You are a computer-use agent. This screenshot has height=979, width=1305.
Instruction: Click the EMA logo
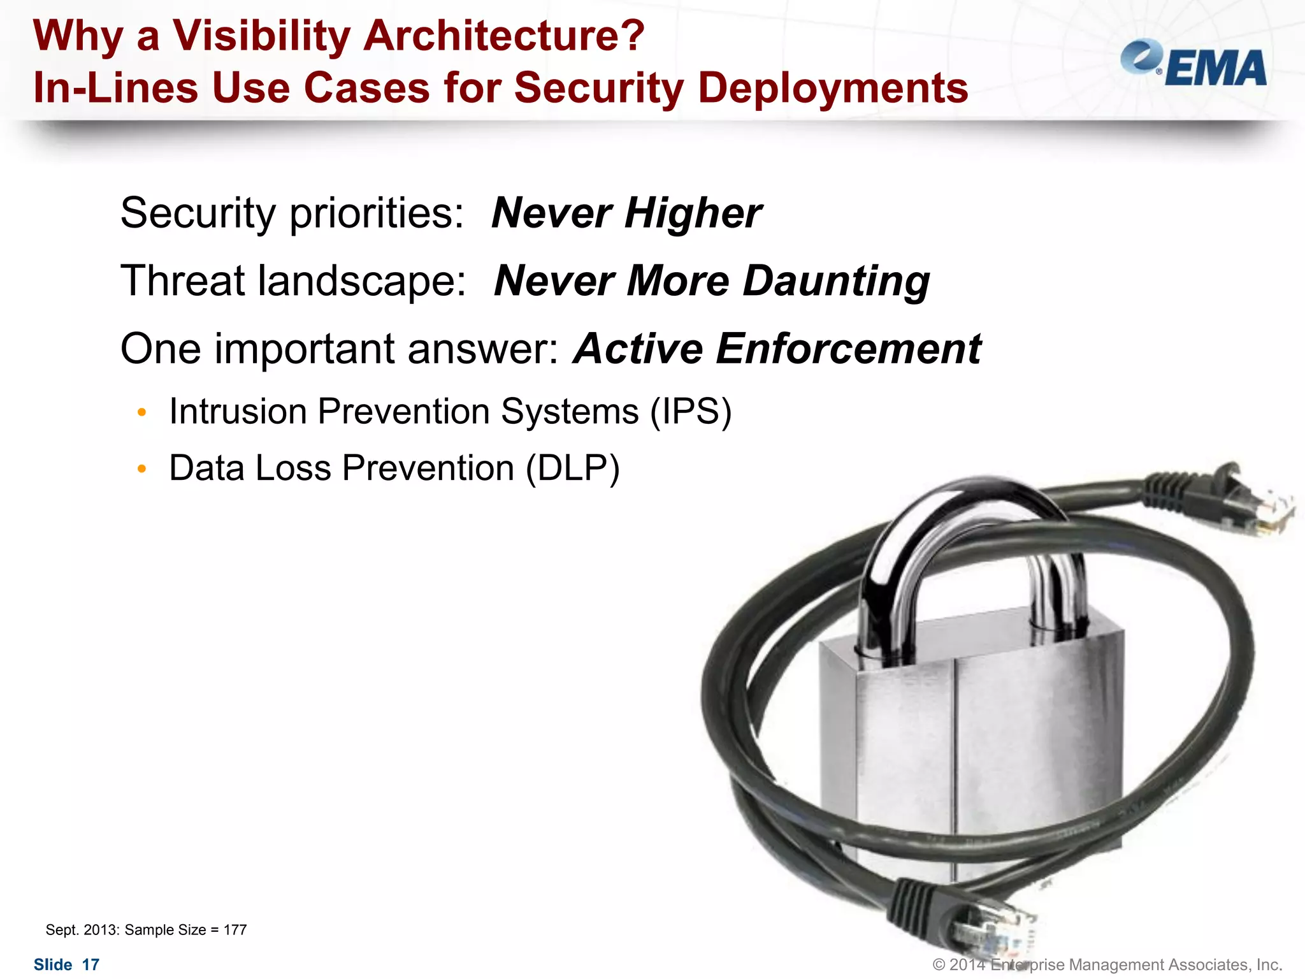coord(1194,64)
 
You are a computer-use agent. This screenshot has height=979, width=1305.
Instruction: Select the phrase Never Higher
coord(626,213)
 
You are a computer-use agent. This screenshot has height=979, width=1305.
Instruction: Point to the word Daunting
coord(836,281)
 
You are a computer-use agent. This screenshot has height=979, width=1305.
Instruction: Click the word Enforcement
coord(848,349)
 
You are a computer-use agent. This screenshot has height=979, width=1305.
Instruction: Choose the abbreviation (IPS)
coord(691,412)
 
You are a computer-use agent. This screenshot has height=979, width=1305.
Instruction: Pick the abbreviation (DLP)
coord(572,468)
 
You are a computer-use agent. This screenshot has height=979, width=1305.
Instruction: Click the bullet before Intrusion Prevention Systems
coord(142,413)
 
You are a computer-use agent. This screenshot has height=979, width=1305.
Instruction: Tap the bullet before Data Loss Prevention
coord(142,470)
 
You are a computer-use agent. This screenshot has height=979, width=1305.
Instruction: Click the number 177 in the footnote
coord(235,930)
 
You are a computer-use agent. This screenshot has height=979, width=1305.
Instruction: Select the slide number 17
coord(91,965)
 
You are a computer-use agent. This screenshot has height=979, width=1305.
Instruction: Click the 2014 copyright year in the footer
coord(967,965)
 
